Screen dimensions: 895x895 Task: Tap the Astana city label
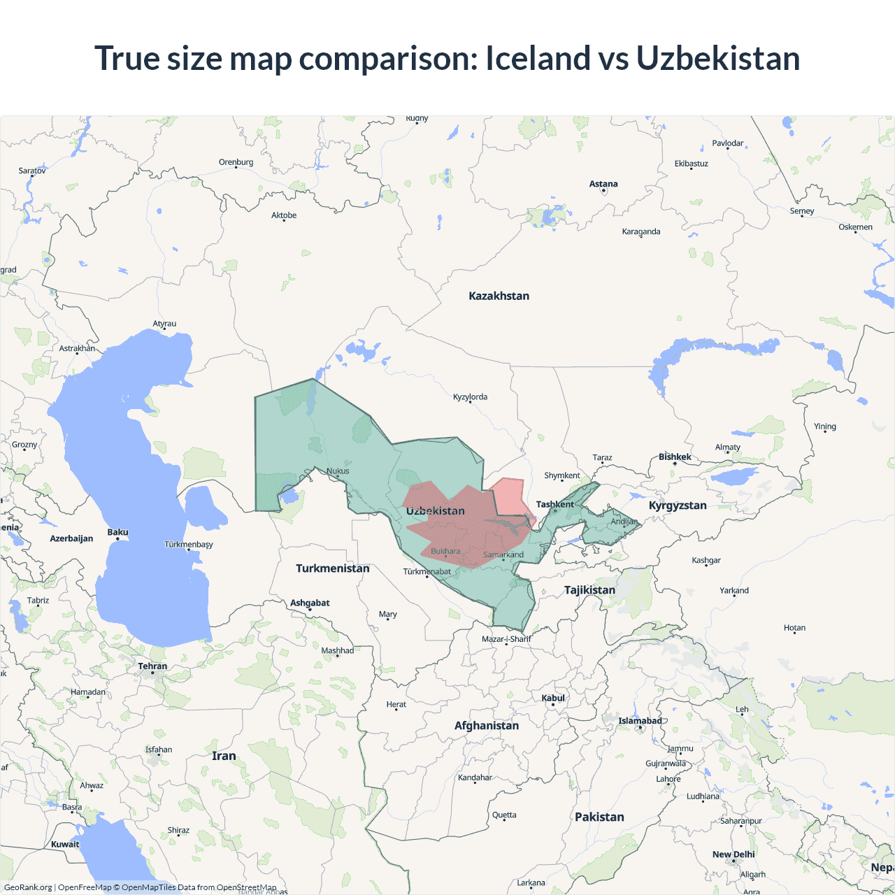tap(603, 185)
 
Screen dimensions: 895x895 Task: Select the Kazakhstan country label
tap(499, 296)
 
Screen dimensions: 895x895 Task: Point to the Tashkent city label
tap(554, 504)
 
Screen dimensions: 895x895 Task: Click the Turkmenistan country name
tap(332, 568)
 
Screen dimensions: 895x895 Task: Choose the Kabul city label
tap(553, 698)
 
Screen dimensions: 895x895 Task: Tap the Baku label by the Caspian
tap(117, 532)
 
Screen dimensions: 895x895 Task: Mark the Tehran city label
tap(152, 666)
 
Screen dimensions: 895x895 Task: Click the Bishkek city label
tap(675, 457)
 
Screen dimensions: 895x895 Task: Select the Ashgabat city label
tap(310, 603)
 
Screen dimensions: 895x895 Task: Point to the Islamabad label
tap(640, 721)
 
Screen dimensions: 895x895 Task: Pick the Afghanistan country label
tap(487, 726)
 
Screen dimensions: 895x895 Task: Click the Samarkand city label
tap(503, 554)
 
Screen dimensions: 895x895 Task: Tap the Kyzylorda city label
tap(470, 397)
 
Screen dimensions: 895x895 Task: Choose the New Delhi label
tap(733, 854)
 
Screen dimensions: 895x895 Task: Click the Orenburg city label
tap(236, 162)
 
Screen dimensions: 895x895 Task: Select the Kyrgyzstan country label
tap(678, 506)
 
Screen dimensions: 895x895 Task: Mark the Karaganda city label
tap(641, 231)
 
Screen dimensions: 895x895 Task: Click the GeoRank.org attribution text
tap(28, 887)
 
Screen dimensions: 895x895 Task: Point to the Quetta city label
tap(504, 815)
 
